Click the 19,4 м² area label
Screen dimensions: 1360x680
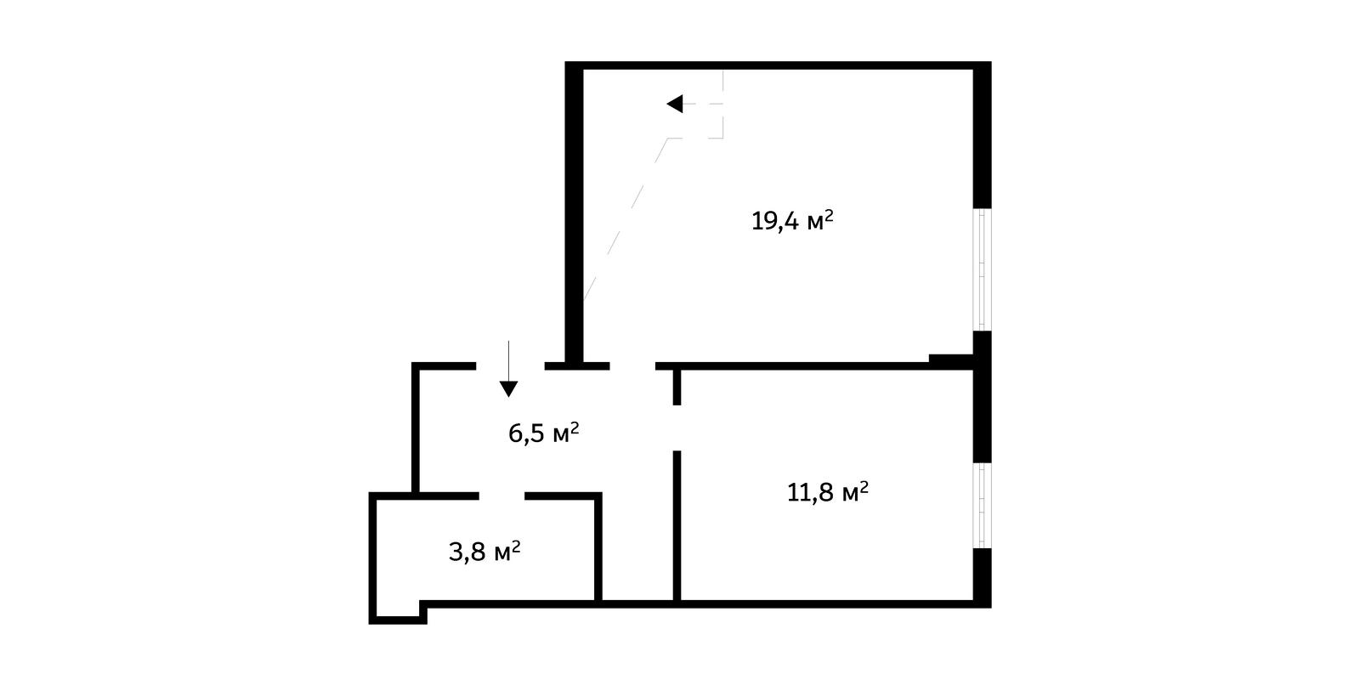pyautogui.click(x=792, y=220)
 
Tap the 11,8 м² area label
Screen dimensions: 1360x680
pyautogui.click(x=828, y=492)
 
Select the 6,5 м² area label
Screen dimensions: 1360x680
pyautogui.click(x=544, y=433)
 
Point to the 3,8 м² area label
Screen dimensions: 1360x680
pyautogui.click(x=484, y=552)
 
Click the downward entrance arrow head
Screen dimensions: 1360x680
pyautogui.click(x=509, y=388)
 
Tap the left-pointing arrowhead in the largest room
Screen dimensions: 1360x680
pyautogui.click(x=675, y=104)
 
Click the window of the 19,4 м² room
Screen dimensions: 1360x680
pyautogui.click(x=983, y=269)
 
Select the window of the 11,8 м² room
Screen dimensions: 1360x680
pyautogui.click(x=983, y=506)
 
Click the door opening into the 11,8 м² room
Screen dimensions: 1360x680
pyautogui.click(x=677, y=428)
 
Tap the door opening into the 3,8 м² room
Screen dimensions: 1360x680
pyautogui.click(x=502, y=496)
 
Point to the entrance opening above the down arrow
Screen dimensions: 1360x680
pyautogui.click(x=510, y=366)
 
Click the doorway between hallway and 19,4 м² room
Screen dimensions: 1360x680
pyautogui.click(x=632, y=366)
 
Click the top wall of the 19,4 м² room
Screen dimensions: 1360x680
pyautogui.click(x=779, y=65)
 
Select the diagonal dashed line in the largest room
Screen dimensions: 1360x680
pyautogui.click(x=626, y=218)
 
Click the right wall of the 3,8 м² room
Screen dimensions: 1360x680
pyautogui.click(x=598, y=548)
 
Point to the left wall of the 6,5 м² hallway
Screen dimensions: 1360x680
pyautogui.click(x=416, y=429)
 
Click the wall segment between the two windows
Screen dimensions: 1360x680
pyautogui.click(x=983, y=397)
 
